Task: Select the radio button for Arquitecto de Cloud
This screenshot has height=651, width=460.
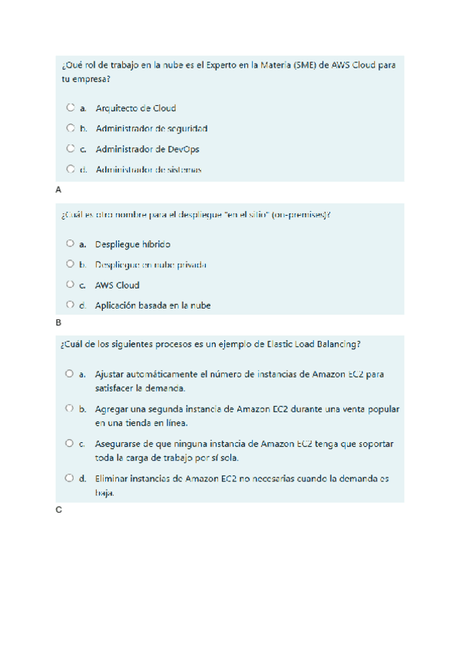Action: [71, 108]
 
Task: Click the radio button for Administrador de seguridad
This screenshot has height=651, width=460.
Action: [71, 128]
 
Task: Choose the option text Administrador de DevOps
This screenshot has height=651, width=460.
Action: [147, 149]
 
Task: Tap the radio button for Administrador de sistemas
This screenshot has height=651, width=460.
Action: [71, 169]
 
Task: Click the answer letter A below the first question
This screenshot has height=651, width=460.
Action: [59, 190]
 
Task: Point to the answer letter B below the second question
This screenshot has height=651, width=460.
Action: [59, 323]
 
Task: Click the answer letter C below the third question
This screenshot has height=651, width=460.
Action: [59, 511]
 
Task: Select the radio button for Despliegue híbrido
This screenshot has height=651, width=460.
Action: [71, 244]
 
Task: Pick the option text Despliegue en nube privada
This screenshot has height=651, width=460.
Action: [151, 265]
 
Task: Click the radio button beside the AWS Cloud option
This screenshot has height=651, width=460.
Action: [71, 285]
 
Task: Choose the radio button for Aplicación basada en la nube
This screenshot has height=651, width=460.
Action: [71, 305]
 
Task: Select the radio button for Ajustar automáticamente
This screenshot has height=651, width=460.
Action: [71, 374]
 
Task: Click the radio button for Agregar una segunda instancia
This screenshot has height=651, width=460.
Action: [71, 409]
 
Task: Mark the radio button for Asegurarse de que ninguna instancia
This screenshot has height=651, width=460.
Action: [71, 444]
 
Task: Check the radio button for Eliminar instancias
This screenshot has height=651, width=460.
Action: [71, 478]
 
